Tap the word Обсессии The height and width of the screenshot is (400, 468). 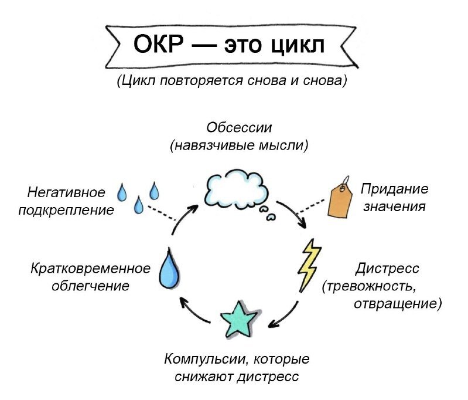[240, 127]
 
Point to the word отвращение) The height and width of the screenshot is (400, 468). [398, 304]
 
